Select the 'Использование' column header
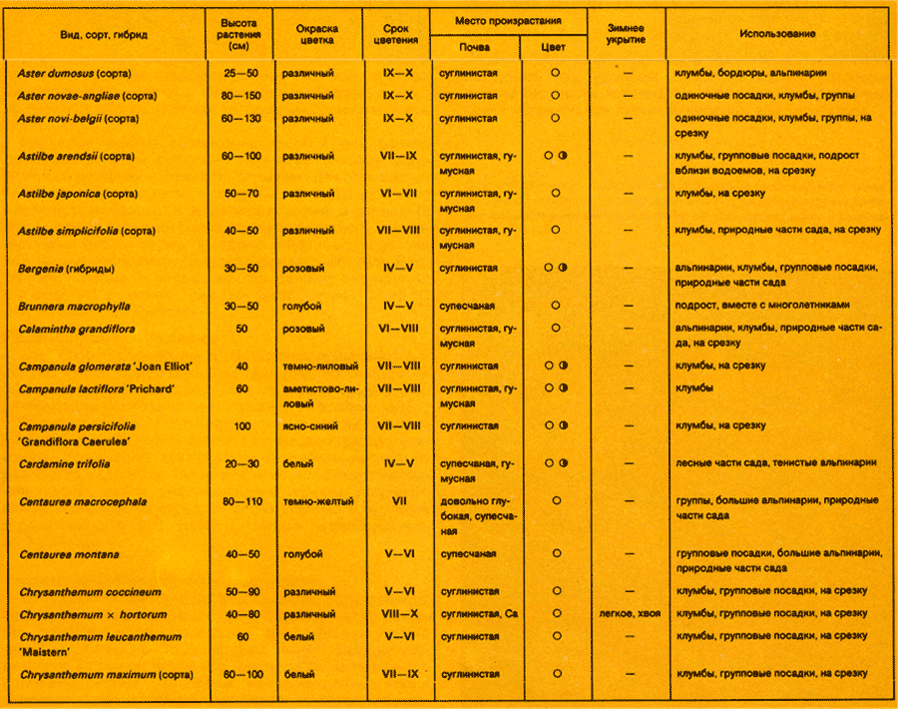point(777,34)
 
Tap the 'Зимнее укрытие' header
point(626,34)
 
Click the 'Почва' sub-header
point(474,47)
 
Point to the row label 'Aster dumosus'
point(75,73)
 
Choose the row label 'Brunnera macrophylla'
point(75,306)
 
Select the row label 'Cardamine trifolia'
point(65,463)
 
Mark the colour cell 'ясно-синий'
point(310,426)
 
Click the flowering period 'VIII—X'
point(399,614)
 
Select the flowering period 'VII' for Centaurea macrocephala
point(399,501)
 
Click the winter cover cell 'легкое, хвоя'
point(626,614)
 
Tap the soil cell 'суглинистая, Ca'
point(478,614)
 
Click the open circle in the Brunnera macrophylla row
point(555,306)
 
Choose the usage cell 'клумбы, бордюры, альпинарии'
point(750,73)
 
